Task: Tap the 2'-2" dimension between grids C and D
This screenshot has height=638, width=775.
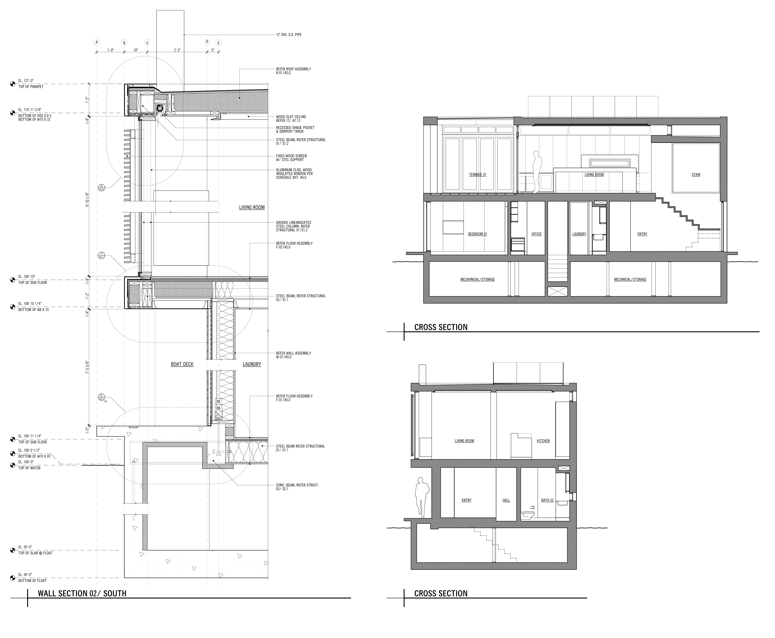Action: click(x=177, y=50)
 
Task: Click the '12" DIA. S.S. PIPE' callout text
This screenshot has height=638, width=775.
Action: click(x=289, y=35)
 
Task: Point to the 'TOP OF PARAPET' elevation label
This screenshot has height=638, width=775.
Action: click(x=31, y=87)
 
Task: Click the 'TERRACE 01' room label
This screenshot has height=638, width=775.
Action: click(x=477, y=175)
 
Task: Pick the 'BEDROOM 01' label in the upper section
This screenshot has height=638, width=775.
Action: click(x=477, y=234)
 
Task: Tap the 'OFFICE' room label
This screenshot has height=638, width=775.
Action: click(x=536, y=234)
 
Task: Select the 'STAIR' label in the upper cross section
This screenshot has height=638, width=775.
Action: click(x=696, y=175)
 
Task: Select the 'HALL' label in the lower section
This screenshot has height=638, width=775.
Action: click(x=506, y=500)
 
